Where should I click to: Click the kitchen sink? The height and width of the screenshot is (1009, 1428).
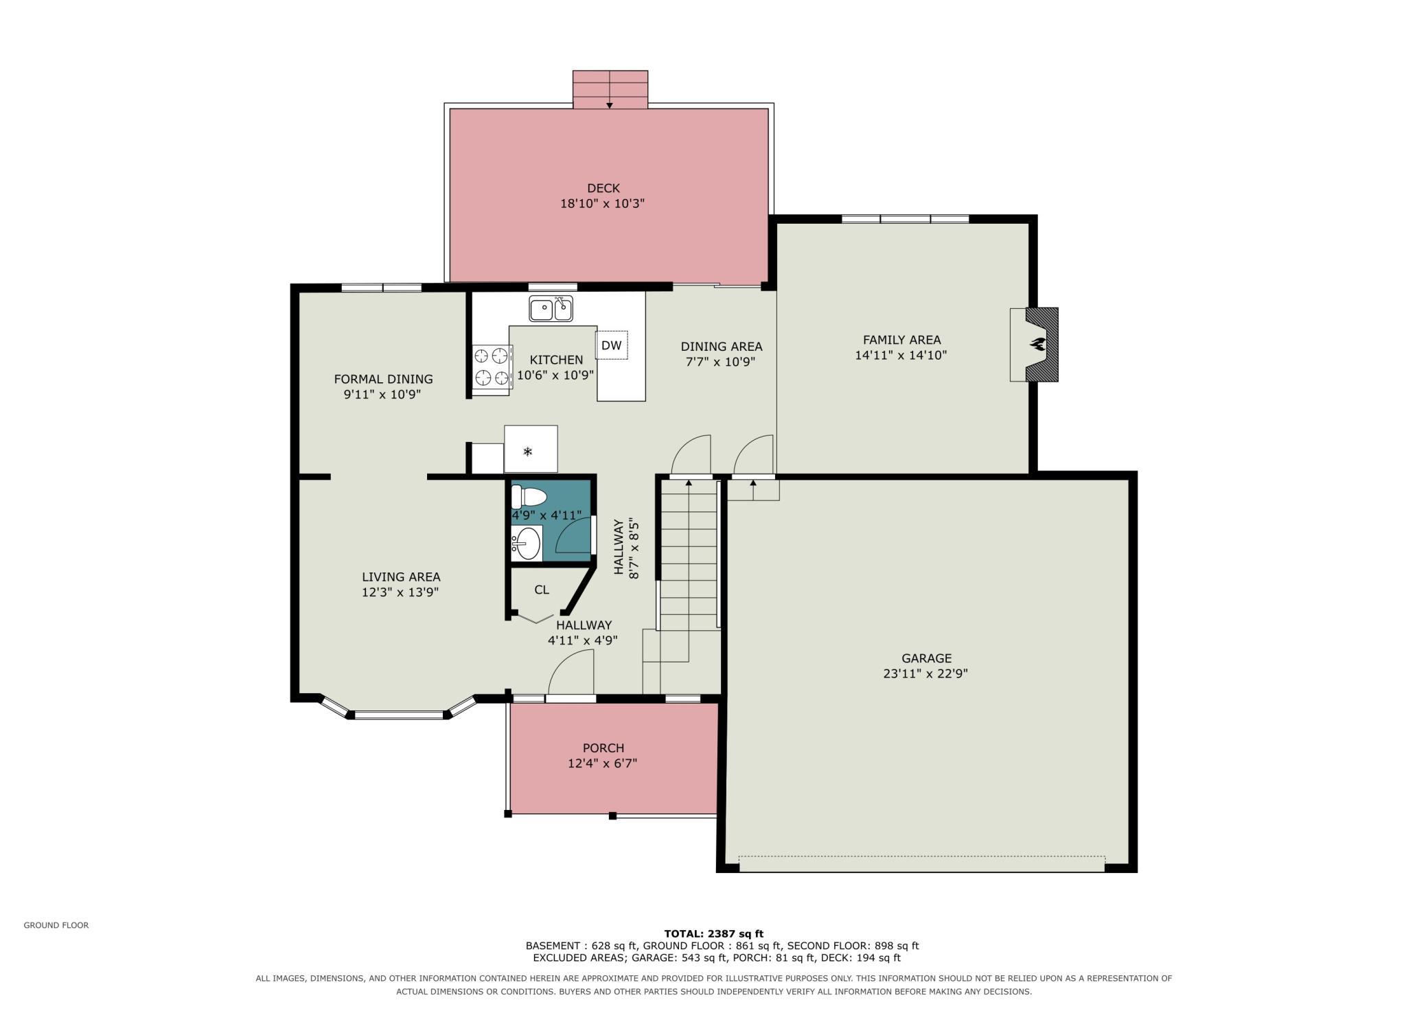coord(551,309)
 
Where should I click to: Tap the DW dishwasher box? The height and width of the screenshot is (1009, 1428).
coord(611,345)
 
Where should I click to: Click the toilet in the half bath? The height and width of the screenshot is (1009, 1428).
coord(529,497)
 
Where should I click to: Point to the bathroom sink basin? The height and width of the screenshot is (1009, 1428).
coord(526,544)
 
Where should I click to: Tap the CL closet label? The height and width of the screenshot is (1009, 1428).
coord(542,590)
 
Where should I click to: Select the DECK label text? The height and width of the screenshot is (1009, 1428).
coord(603,188)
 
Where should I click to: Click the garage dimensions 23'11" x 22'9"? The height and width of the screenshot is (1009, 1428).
coord(925,674)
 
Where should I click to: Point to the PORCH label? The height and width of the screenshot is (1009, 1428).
coord(603,748)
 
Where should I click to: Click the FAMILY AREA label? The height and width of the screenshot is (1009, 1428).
coord(901,340)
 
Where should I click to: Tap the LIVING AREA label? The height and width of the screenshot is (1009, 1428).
coord(401,577)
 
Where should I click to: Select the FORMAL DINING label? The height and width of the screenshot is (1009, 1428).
coord(383,379)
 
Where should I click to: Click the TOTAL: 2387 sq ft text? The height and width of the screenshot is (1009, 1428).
coord(714,933)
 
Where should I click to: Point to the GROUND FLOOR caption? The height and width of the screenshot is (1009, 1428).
coord(56,925)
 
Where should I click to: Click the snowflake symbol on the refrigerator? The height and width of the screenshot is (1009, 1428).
coord(527,451)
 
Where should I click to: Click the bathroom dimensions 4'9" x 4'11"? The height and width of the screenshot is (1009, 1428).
coord(546,515)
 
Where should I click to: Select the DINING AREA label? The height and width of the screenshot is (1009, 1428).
coord(722,347)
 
